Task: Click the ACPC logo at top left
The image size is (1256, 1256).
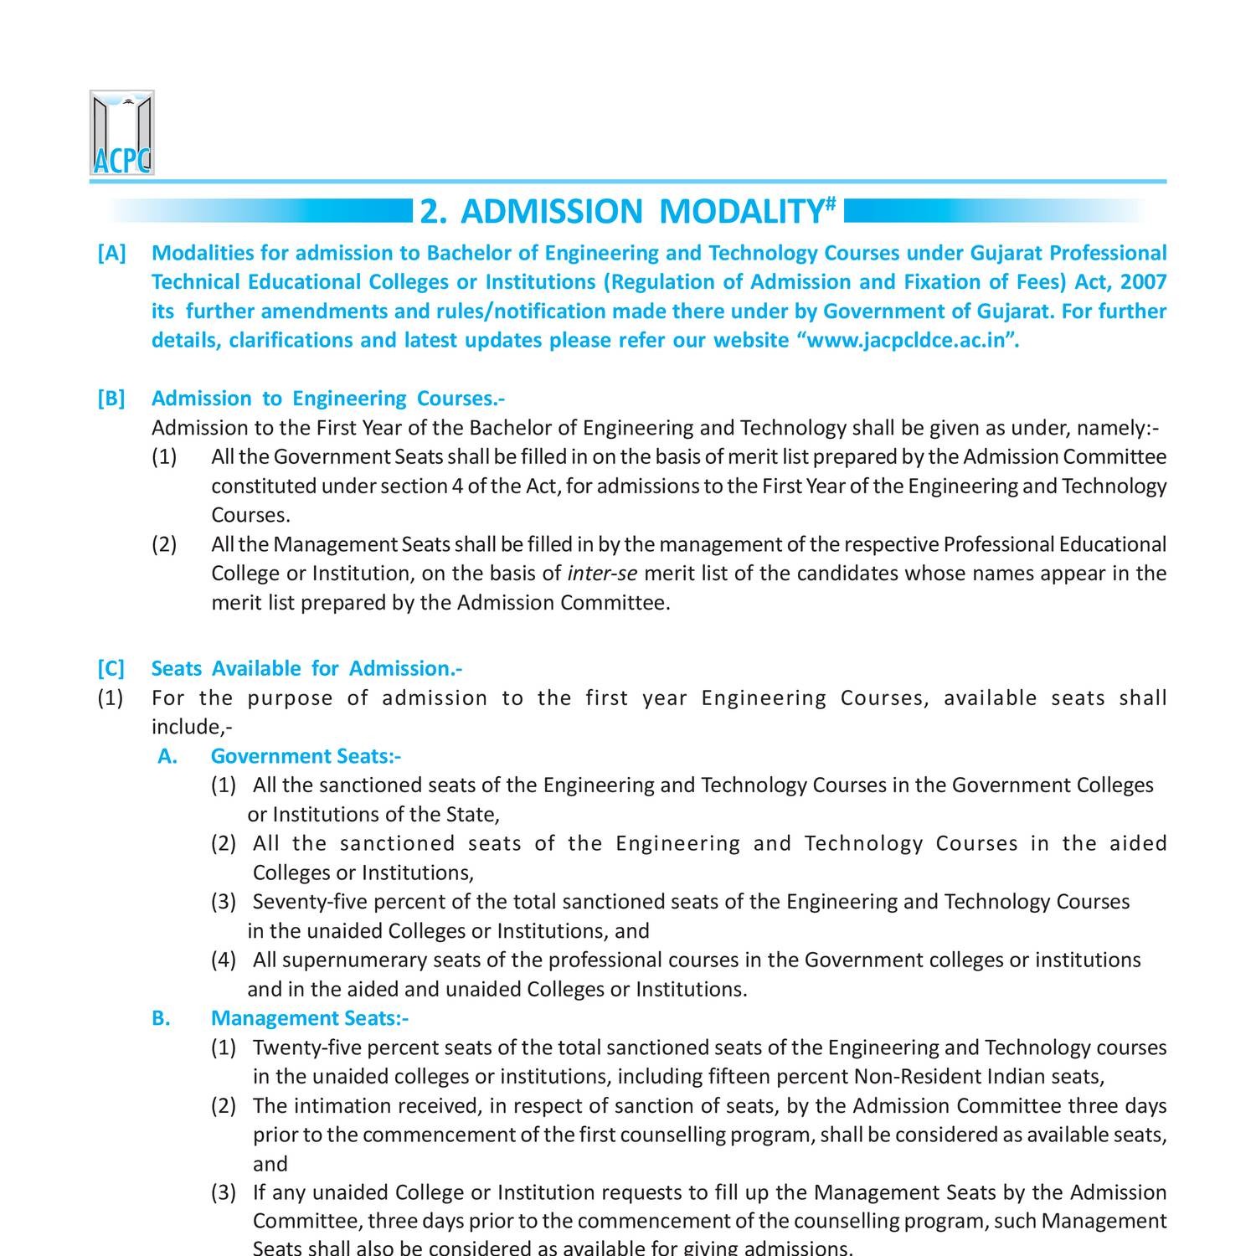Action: point(122,133)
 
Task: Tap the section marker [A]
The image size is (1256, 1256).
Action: point(111,253)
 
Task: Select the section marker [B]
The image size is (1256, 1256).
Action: point(111,399)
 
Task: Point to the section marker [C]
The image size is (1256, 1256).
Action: point(111,668)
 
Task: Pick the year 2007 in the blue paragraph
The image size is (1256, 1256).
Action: point(1143,282)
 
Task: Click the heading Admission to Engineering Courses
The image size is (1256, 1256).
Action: point(327,399)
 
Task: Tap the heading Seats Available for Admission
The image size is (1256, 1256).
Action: point(306,668)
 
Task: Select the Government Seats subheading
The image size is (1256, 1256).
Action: point(306,756)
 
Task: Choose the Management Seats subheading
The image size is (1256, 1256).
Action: point(309,1018)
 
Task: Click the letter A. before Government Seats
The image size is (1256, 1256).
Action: point(167,756)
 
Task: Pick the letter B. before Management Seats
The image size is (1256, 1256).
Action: point(161,1018)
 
